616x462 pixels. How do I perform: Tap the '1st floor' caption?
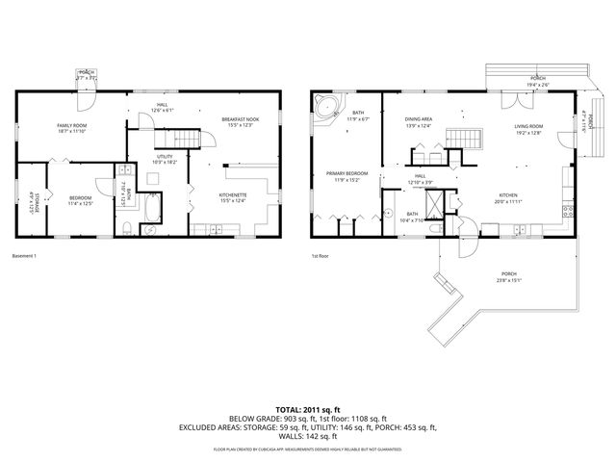[321, 256]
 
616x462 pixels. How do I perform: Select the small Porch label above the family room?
[86, 73]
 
